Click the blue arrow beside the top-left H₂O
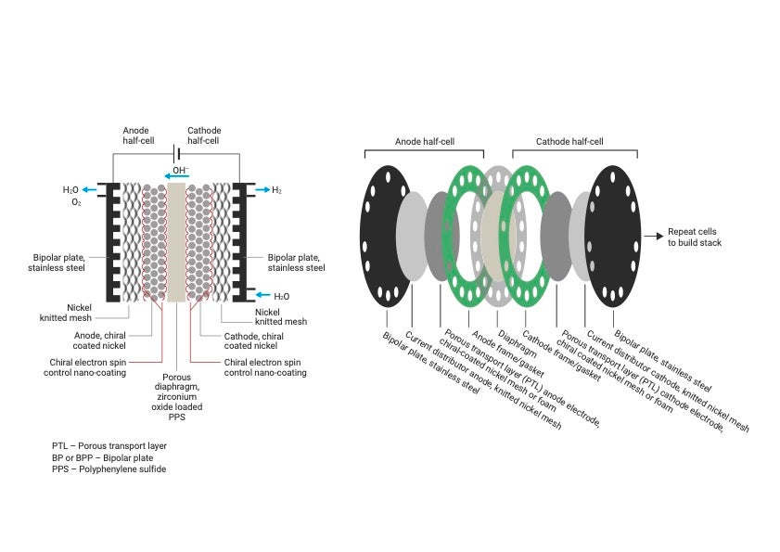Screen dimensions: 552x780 coord(95,189)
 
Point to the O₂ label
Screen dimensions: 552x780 coord(76,201)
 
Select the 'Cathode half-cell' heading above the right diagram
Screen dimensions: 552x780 coord(569,142)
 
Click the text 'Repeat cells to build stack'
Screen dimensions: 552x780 coord(695,237)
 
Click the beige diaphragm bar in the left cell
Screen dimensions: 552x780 coord(176,241)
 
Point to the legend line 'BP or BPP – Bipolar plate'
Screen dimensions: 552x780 coord(103,457)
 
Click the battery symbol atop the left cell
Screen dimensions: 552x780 coord(176,154)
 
